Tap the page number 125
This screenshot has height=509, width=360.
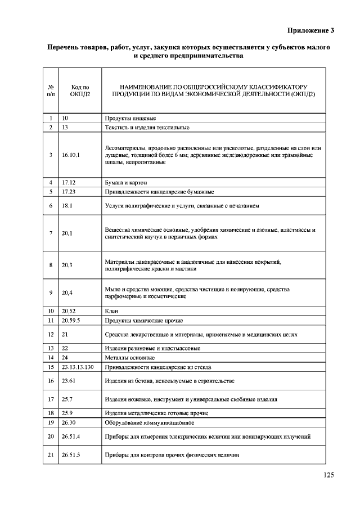click(x=328, y=475)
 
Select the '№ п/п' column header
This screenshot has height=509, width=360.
click(x=51, y=91)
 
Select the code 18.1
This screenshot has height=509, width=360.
click(x=67, y=206)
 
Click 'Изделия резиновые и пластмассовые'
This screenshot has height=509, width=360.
click(x=145, y=348)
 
